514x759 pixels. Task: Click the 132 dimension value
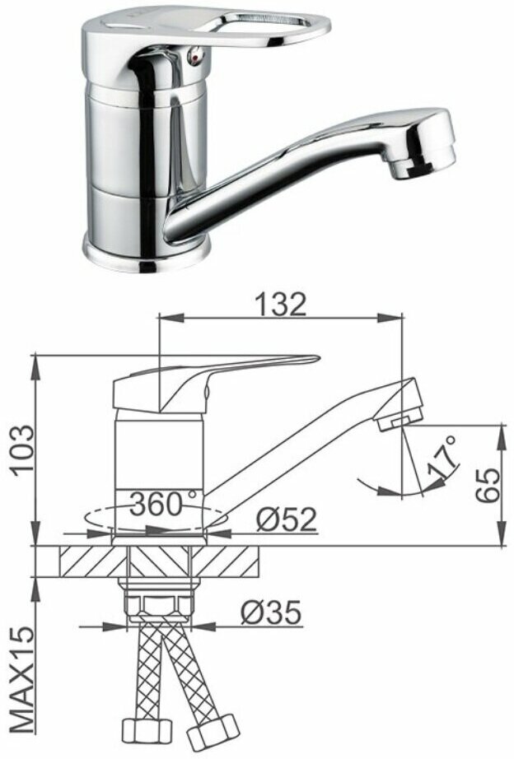(x=281, y=305)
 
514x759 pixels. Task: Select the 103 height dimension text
(x=25, y=451)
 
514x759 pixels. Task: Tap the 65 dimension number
(x=488, y=485)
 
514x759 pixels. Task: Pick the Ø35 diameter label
(x=271, y=612)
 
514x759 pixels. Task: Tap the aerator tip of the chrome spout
(x=423, y=162)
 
